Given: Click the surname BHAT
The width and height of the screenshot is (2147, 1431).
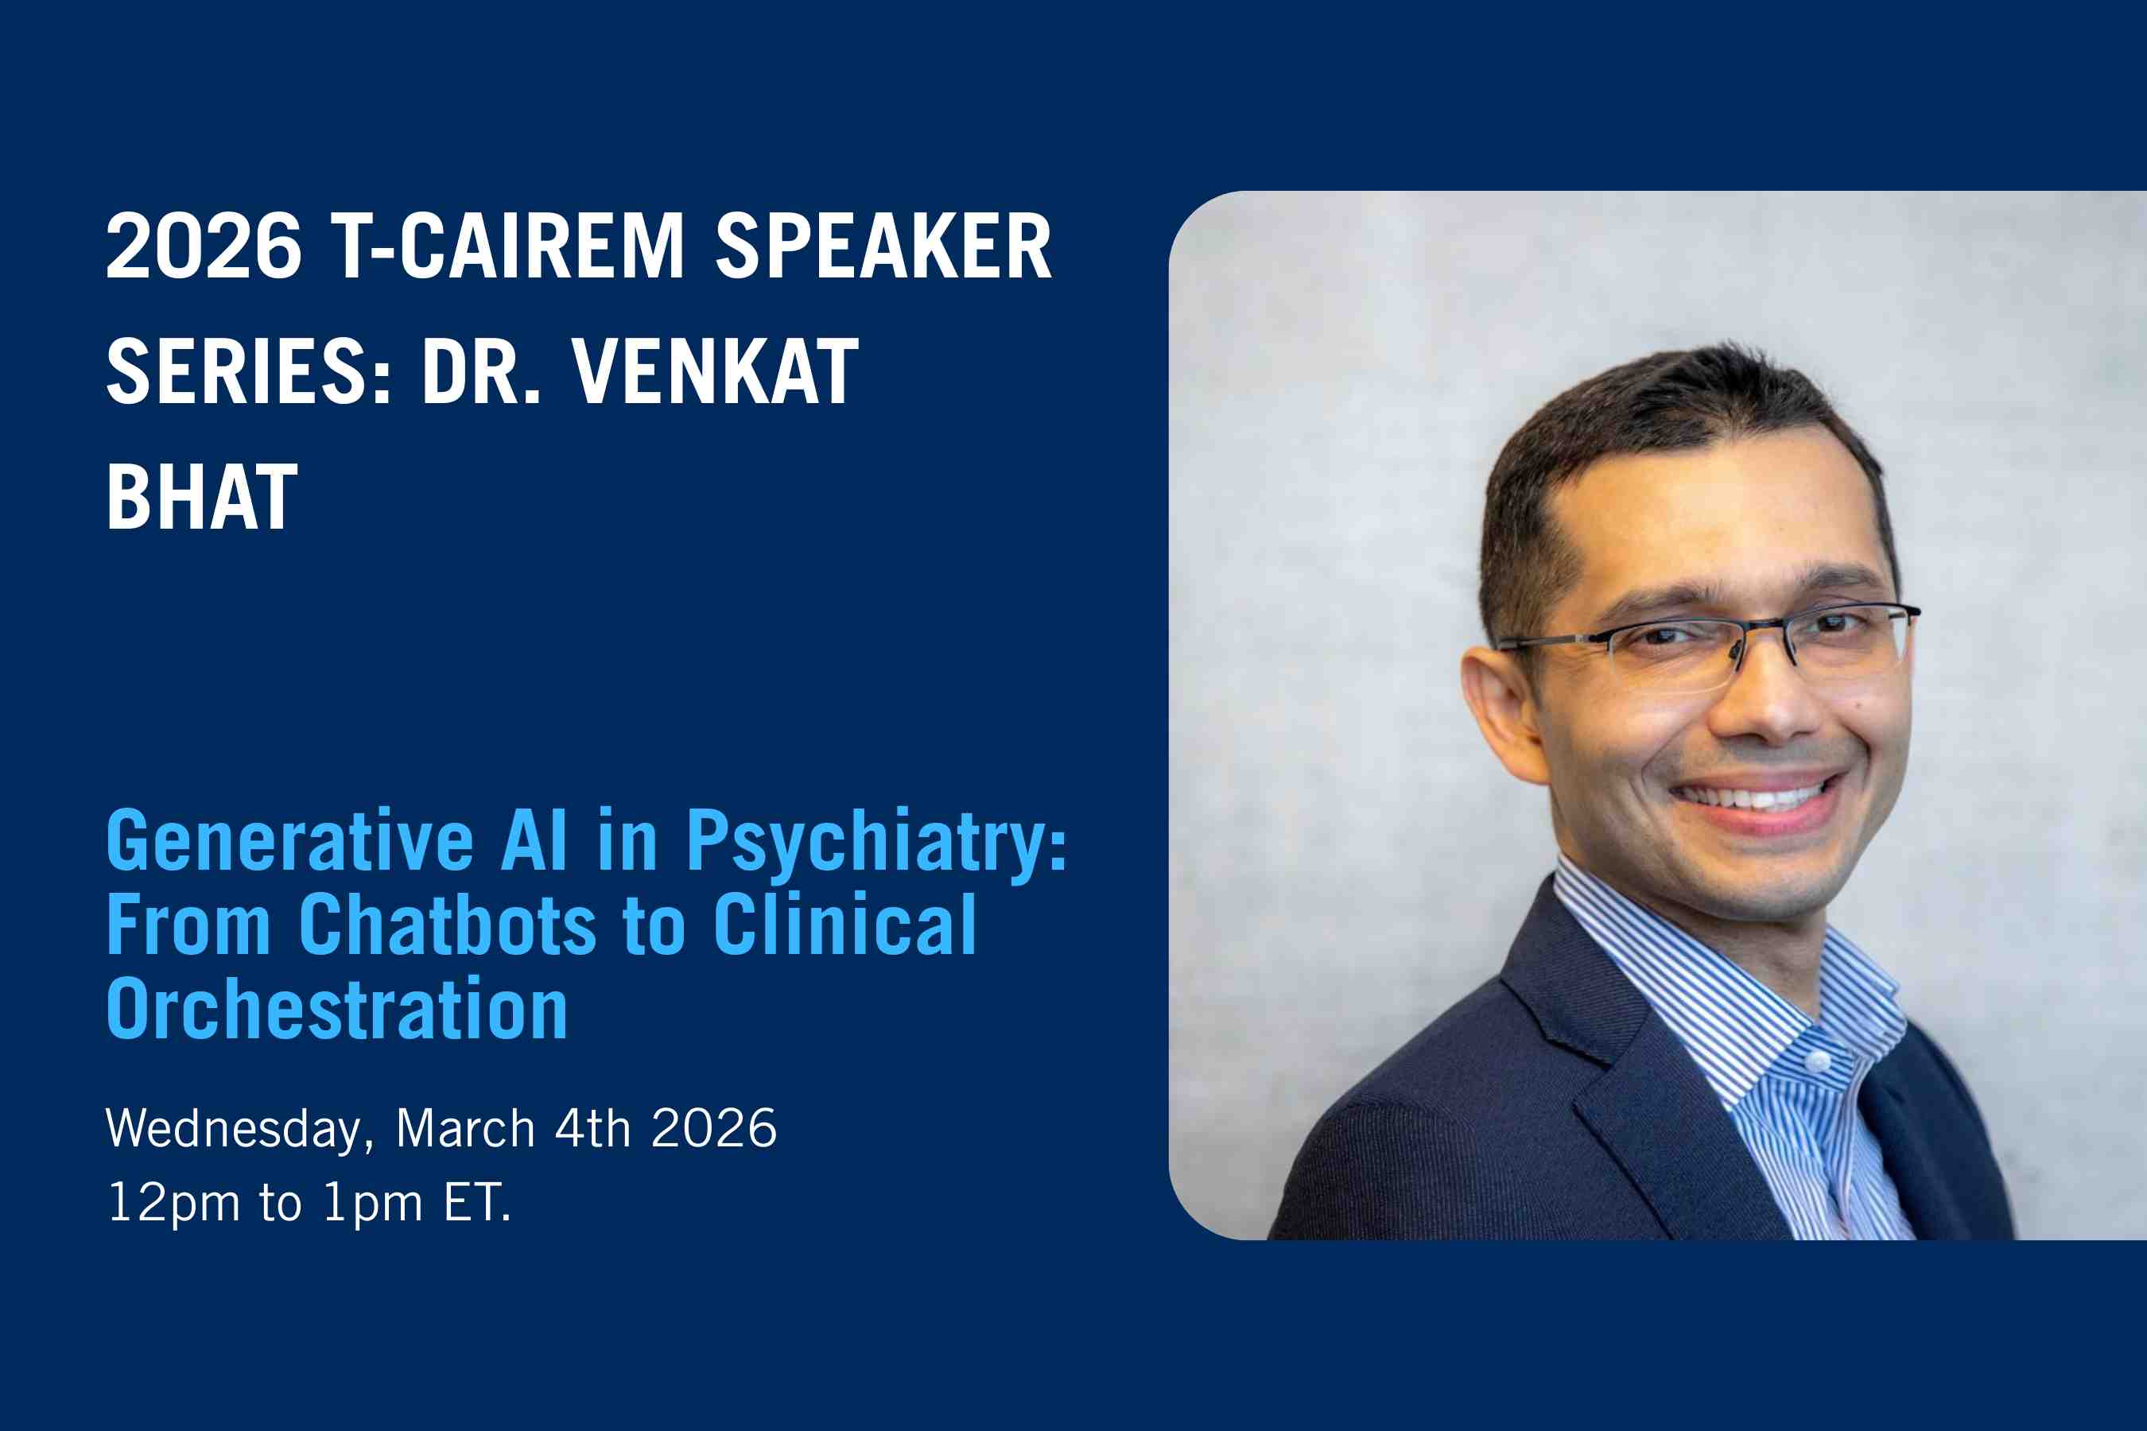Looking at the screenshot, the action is coord(202,498).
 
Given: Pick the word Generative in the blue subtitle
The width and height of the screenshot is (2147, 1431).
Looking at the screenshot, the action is coord(289,840).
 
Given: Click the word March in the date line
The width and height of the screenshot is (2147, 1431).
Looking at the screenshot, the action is coord(465,1128).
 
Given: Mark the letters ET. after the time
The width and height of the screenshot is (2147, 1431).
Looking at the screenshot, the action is coord(477,1202).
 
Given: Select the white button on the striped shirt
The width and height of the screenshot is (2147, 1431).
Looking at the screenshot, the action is coord(1818,1061).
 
